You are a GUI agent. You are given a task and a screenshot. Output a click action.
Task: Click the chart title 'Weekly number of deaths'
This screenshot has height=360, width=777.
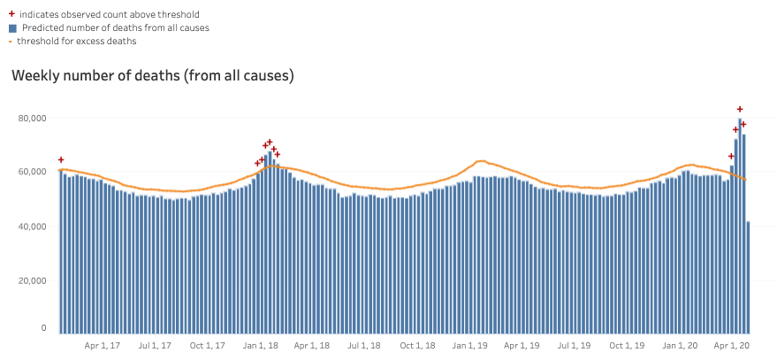[152, 76]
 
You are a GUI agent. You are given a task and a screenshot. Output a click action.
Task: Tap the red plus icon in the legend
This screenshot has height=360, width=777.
[11, 14]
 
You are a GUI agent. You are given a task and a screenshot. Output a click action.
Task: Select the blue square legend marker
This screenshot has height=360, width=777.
[11, 27]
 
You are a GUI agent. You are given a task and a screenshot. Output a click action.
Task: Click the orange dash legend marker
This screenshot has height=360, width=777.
[11, 41]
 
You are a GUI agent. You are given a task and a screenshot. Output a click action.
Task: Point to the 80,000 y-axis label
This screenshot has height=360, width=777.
[33, 117]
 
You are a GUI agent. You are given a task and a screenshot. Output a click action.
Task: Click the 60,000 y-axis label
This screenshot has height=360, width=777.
[33, 172]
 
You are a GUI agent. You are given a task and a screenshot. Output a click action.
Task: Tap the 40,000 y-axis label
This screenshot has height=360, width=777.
[33, 226]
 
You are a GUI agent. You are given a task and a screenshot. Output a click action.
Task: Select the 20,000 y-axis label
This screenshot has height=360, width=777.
[33, 280]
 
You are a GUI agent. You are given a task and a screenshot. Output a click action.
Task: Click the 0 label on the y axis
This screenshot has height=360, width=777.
[42, 328]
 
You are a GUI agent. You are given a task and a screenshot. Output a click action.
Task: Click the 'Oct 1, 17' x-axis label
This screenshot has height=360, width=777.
[209, 345]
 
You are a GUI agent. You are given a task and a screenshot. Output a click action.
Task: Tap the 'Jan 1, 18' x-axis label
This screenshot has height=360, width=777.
[260, 345]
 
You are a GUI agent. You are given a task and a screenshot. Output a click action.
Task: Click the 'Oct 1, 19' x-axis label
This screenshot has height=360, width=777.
[628, 345]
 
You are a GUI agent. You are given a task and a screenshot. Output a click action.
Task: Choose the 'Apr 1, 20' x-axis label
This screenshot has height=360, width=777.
[732, 345]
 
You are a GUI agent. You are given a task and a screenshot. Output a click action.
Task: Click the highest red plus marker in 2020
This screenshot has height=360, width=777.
[740, 110]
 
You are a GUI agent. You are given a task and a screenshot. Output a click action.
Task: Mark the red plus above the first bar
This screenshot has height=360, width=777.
[60, 160]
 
